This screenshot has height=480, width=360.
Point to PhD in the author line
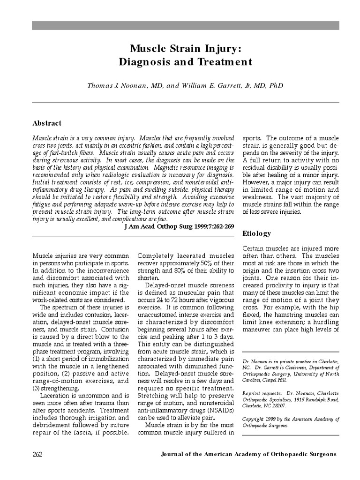pyautogui.click(x=276, y=86)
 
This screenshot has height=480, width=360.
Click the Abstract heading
pyautogui.click(x=47, y=123)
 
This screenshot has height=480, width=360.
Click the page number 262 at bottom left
pyautogui.click(x=38, y=454)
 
